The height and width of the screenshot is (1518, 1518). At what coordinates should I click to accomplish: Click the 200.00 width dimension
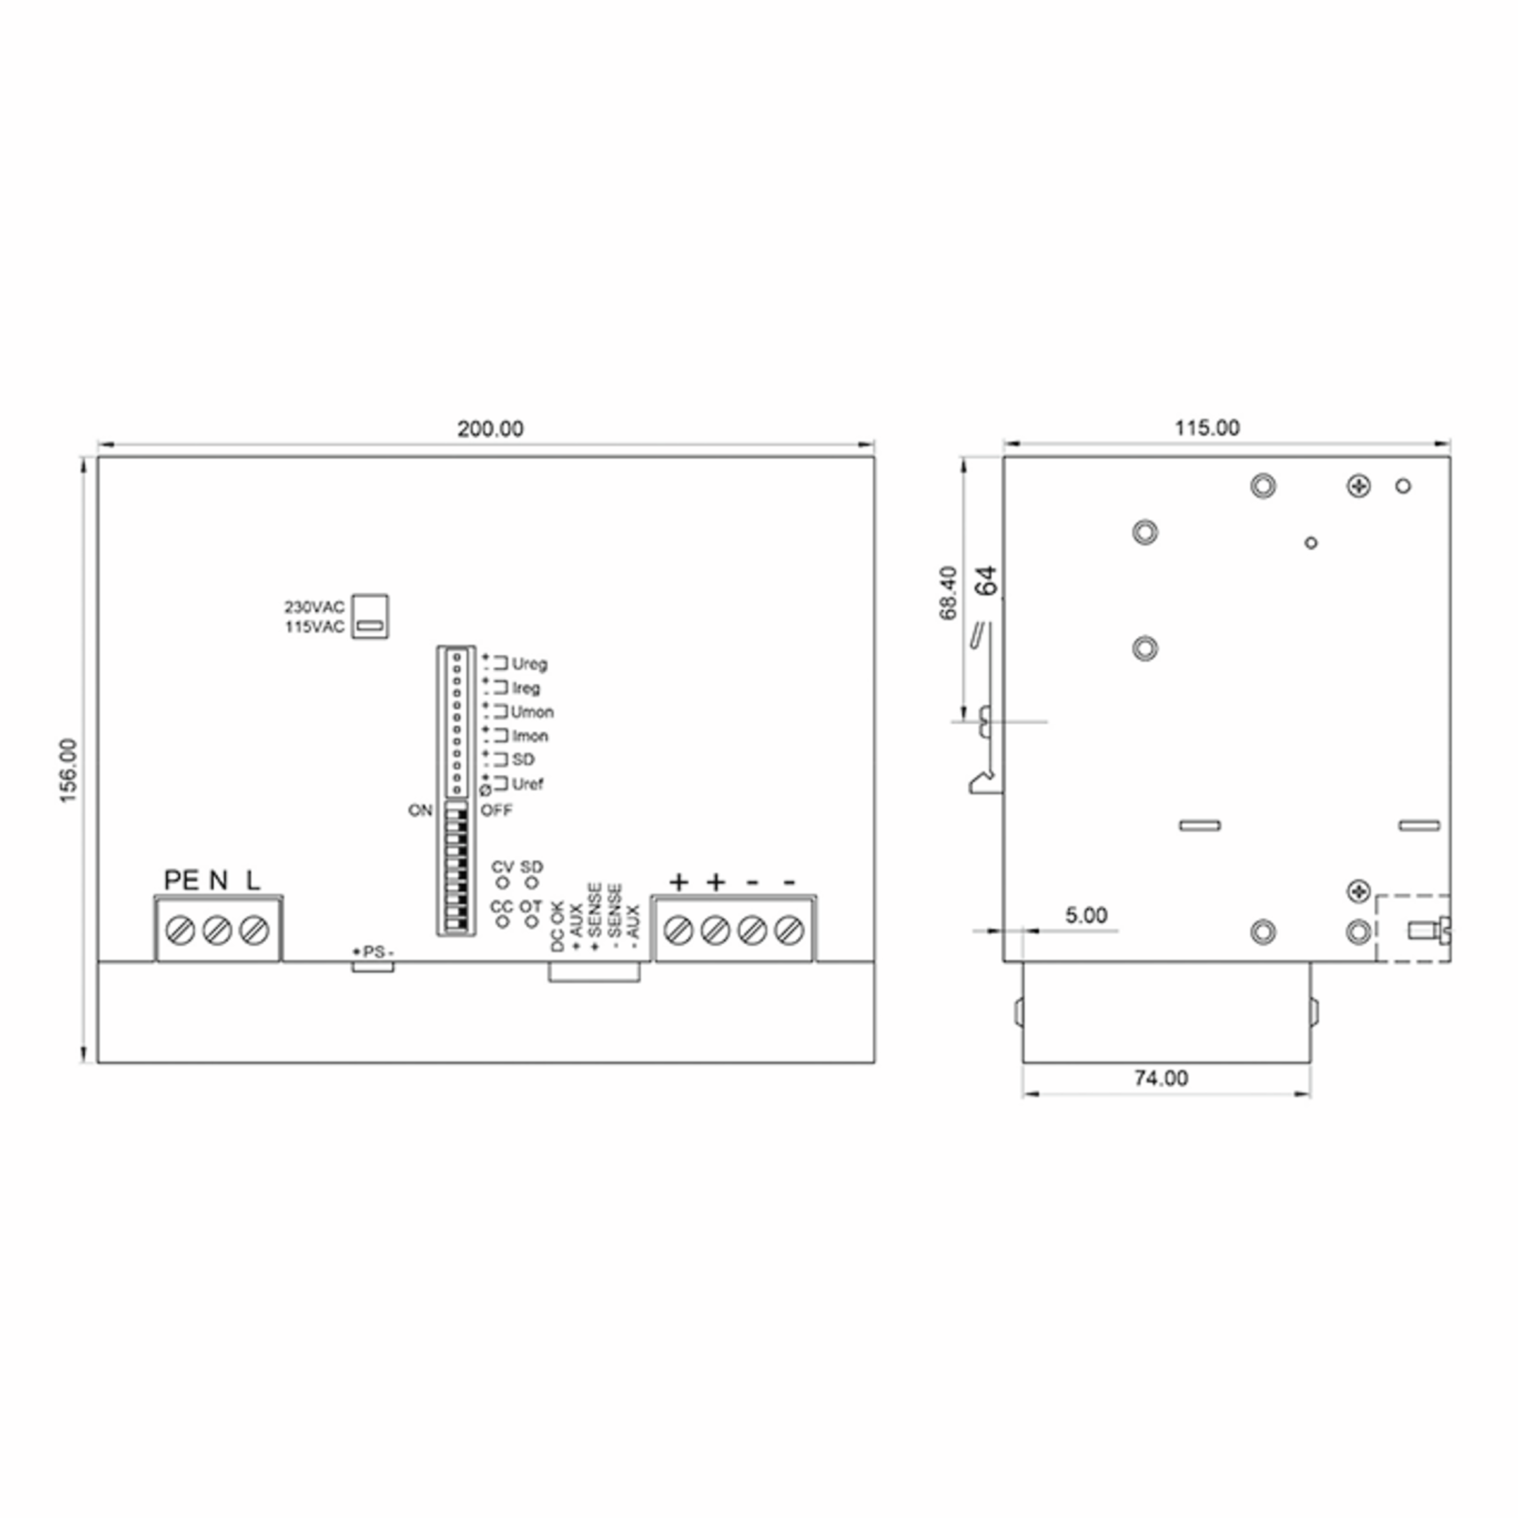[490, 429]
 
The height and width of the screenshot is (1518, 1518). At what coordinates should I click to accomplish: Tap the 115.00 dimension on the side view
[1207, 428]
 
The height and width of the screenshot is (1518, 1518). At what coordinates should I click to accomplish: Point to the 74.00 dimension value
[1161, 1078]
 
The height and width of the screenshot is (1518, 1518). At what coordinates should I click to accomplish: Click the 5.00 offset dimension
[1086, 915]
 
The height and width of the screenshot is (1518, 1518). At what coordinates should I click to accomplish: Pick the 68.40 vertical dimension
[948, 593]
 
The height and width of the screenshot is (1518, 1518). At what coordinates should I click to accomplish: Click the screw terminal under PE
[181, 930]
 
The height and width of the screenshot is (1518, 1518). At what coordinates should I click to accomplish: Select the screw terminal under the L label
[254, 930]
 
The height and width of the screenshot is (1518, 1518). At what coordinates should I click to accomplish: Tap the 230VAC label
[314, 607]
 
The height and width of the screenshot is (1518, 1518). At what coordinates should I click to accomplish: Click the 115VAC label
[314, 627]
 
